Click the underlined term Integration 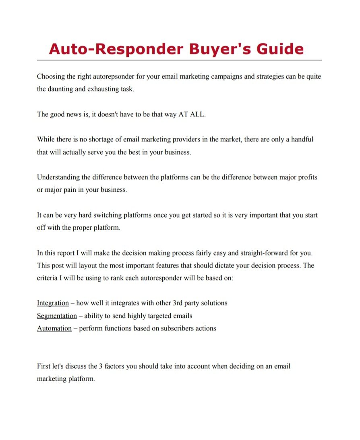pyautogui.click(x=53, y=303)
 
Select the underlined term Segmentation pyautogui.click(x=57, y=315)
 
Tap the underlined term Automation pyautogui.click(x=54, y=328)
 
